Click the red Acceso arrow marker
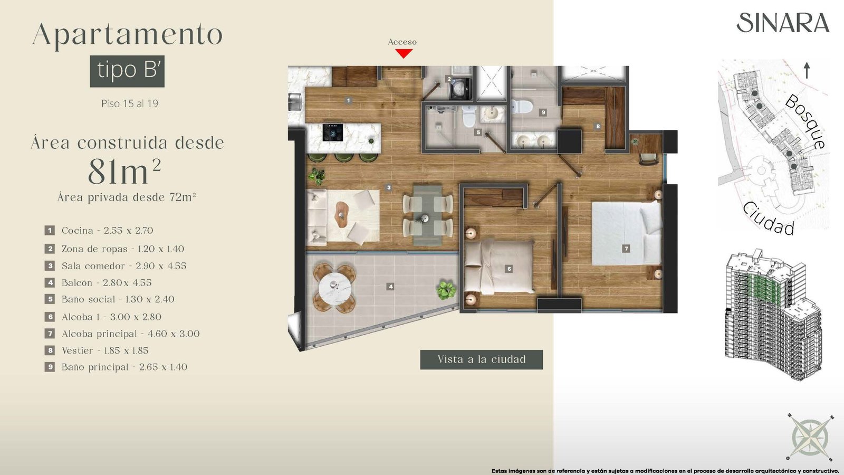click(x=404, y=54)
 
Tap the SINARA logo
click(x=783, y=23)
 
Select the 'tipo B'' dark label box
click(x=127, y=71)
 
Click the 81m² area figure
click(x=124, y=172)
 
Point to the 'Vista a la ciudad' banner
click(x=482, y=359)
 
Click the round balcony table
click(x=334, y=288)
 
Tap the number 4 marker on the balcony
click(x=391, y=287)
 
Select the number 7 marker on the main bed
click(x=626, y=249)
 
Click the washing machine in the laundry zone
click(x=460, y=88)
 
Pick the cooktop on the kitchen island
click(x=332, y=132)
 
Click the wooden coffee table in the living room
click(x=342, y=215)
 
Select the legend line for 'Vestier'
click(x=97, y=350)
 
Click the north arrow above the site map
click(x=807, y=71)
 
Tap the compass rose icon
click(x=809, y=438)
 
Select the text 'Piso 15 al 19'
click(x=130, y=103)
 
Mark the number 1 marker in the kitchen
click(x=349, y=101)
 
